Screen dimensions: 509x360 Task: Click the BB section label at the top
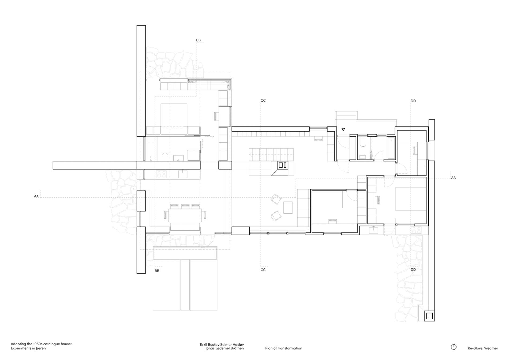[x=198, y=40]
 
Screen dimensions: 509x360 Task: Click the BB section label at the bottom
[x=157, y=271]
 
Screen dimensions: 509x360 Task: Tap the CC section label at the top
[x=263, y=101]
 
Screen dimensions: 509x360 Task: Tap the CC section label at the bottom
[x=263, y=270]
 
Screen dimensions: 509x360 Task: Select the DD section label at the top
[x=413, y=101]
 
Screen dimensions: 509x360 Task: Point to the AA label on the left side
[x=36, y=196]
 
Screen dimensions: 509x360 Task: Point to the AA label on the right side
[x=453, y=178]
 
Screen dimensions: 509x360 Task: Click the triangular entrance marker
[x=343, y=129]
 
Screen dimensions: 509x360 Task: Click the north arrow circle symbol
[x=454, y=347]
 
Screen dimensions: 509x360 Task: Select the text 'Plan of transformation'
[x=284, y=348]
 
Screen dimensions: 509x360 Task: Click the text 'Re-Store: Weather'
[x=483, y=348]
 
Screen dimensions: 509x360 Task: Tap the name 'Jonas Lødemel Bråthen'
[x=224, y=348]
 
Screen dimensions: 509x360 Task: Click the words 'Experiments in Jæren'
[x=28, y=348]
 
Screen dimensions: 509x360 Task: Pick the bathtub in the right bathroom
[x=391, y=148]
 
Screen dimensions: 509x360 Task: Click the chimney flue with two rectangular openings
[x=283, y=165]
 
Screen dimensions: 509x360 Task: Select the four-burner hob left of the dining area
[x=161, y=175]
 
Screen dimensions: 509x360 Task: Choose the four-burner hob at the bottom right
[x=416, y=230]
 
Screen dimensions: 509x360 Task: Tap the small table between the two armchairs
[x=288, y=207]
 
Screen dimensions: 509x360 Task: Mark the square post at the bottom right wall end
[x=429, y=316]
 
